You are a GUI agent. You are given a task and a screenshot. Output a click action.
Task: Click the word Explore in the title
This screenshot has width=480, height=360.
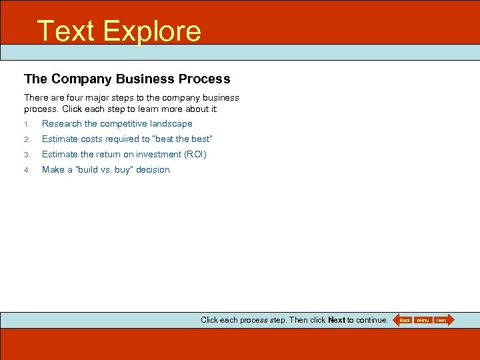pyautogui.click(x=152, y=31)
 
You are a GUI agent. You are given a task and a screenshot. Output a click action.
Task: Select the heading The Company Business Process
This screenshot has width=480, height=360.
pyautogui.click(x=127, y=79)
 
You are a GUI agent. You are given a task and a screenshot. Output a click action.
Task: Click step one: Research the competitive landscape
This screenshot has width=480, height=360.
pyautogui.click(x=117, y=123)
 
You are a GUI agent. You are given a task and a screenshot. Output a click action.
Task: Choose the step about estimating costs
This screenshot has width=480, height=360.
pyautogui.click(x=127, y=139)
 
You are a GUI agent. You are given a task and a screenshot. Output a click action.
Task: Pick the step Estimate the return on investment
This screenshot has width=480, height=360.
pyautogui.click(x=124, y=154)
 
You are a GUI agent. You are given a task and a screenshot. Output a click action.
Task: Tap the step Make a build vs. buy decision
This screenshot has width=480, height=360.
pyautogui.click(x=105, y=169)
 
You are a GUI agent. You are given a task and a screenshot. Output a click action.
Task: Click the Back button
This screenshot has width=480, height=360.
pyautogui.click(x=404, y=320)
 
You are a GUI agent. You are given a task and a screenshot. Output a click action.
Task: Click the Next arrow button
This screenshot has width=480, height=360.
pyautogui.click(x=442, y=320)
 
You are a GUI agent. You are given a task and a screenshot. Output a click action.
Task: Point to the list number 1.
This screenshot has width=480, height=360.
pyautogui.click(x=27, y=124)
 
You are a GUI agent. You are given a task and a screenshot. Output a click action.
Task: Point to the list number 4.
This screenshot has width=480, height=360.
pyautogui.click(x=27, y=170)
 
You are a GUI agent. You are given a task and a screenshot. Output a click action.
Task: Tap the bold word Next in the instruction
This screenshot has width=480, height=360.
pyautogui.click(x=337, y=320)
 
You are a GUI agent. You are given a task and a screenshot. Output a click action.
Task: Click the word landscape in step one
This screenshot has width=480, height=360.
pyautogui.click(x=171, y=123)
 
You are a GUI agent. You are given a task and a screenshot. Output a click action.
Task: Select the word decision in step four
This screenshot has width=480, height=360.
pyautogui.click(x=153, y=169)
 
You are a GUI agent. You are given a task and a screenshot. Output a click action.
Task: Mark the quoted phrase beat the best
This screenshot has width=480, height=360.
pyautogui.click(x=182, y=139)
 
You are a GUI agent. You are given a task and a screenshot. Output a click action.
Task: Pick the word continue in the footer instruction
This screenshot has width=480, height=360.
pyautogui.click(x=371, y=320)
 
